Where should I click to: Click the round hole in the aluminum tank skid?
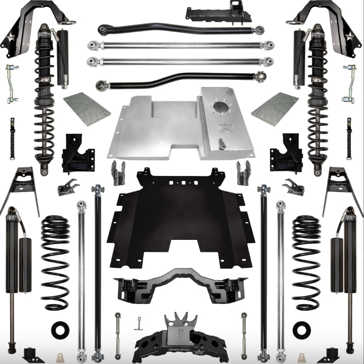[x=220, y=108]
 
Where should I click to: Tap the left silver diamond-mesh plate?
[x=86, y=108]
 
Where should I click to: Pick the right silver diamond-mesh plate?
[x=275, y=108]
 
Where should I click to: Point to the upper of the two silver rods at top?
[x=181, y=45]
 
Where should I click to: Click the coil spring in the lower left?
[x=55, y=262]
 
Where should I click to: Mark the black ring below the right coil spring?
[x=302, y=329]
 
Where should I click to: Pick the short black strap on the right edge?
[x=349, y=132]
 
